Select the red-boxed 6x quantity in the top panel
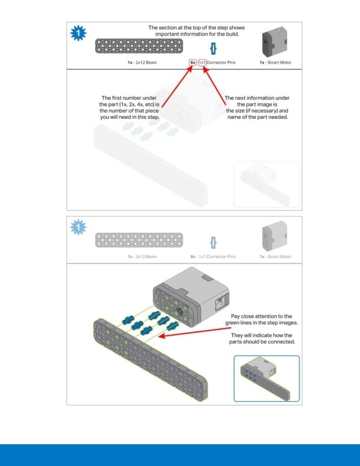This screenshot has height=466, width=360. pyautogui.click(x=192, y=62)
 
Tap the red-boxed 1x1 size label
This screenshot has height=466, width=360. pyautogui.click(x=202, y=62)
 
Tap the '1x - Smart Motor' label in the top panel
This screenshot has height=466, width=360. pyautogui.click(x=275, y=62)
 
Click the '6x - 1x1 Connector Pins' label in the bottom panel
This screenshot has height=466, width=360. pyautogui.click(x=212, y=257)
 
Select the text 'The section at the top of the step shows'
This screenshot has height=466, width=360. pyautogui.click(x=196, y=28)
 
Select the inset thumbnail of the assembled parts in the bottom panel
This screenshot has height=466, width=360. pyautogui.click(x=266, y=378)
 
